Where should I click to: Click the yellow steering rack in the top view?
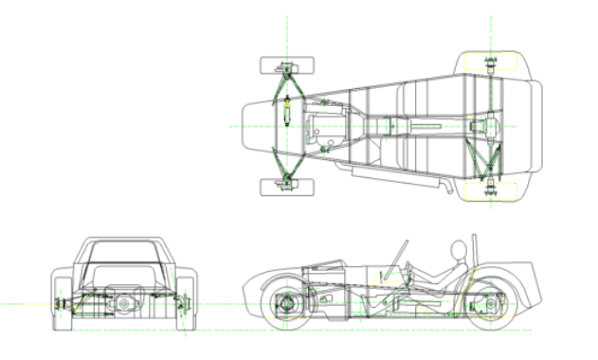283,112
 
